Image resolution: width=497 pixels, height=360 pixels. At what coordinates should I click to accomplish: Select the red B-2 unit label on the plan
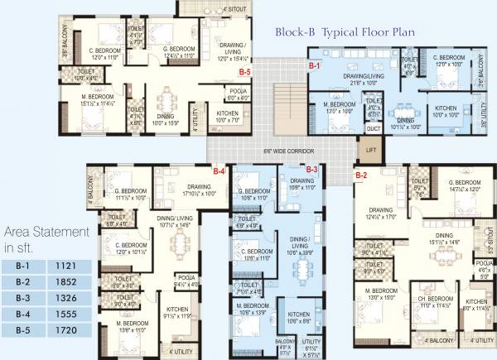point(361,175)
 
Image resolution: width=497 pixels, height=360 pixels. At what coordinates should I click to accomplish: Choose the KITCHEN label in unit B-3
point(297,314)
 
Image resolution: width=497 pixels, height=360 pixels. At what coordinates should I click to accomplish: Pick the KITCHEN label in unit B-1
point(445,108)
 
